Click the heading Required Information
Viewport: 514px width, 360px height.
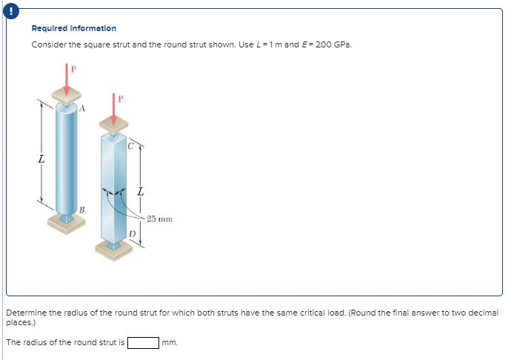(73, 29)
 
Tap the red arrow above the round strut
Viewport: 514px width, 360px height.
(67, 79)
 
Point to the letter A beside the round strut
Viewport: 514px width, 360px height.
(83, 109)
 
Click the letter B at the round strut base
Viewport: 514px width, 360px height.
(81, 210)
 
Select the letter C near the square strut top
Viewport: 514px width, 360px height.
(130, 145)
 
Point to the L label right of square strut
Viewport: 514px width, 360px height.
(141, 193)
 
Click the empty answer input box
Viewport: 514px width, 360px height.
(143, 342)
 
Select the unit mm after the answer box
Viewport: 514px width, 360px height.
(170, 343)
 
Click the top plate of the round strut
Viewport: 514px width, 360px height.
(67, 96)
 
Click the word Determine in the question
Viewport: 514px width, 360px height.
(27, 313)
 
